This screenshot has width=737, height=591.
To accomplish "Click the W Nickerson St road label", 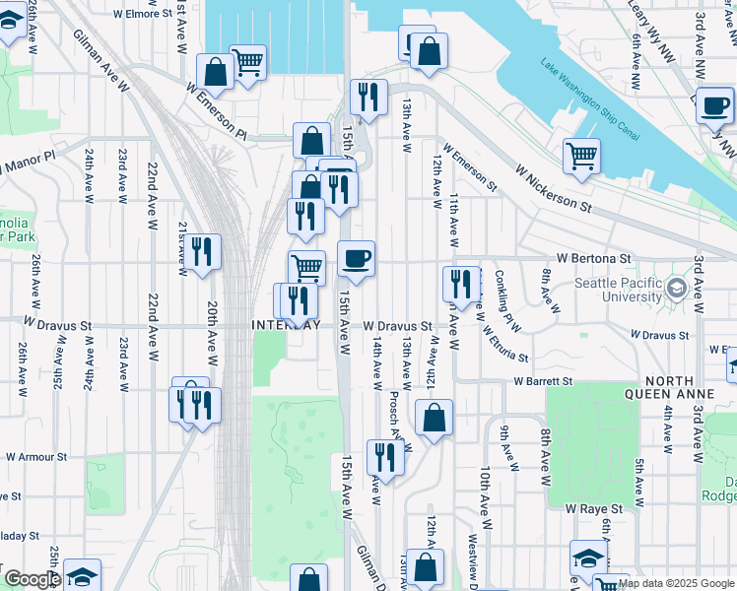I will pyautogui.click(x=552, y=186).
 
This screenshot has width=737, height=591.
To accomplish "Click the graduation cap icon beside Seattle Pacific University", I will pyautogui.click(x=676, y=289).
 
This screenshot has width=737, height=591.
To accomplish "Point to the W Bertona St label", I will pyautogui.click(x=592, y=258).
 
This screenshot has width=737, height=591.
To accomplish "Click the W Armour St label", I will pyautogui.click(x=34, y=457).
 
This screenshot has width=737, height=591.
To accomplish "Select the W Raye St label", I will pyautogui.click(x=594, y=508).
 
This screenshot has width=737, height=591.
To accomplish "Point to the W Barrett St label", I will pyautogui.click(x=542, y=381).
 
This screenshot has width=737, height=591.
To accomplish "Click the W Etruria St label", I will pyautogui.click(x=504, y=345).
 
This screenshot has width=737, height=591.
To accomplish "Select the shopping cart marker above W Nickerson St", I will pyautogui.click(x=582, y=155).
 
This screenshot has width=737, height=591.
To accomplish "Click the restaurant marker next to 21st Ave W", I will pyautogui.click(x=203, y=251).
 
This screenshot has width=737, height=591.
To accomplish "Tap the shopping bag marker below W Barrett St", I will pyautogui.click(x=434, y=418).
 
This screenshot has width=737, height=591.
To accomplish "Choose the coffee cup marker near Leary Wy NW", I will pyautogui.click(x=714, y=103).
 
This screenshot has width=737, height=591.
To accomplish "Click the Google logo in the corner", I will pyautogui.click(x=33, y=580).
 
